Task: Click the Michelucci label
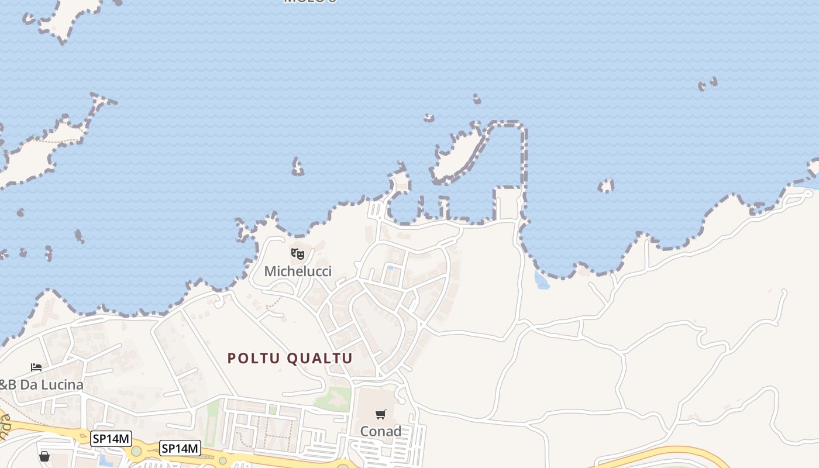click(298, 271)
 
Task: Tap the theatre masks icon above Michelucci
click(298, 254)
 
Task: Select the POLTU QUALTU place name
click(290, 358)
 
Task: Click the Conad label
click(381, 431)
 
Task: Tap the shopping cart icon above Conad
click(381, 415)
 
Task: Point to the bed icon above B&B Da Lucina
click(36, 367)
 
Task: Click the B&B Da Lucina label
click(41, 385)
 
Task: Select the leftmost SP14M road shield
click(111, 438)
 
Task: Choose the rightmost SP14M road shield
click(180, 449)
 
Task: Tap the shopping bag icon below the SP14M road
click(44, 456)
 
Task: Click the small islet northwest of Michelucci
click(298, 167)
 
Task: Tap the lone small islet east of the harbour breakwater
click(606, 187)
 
